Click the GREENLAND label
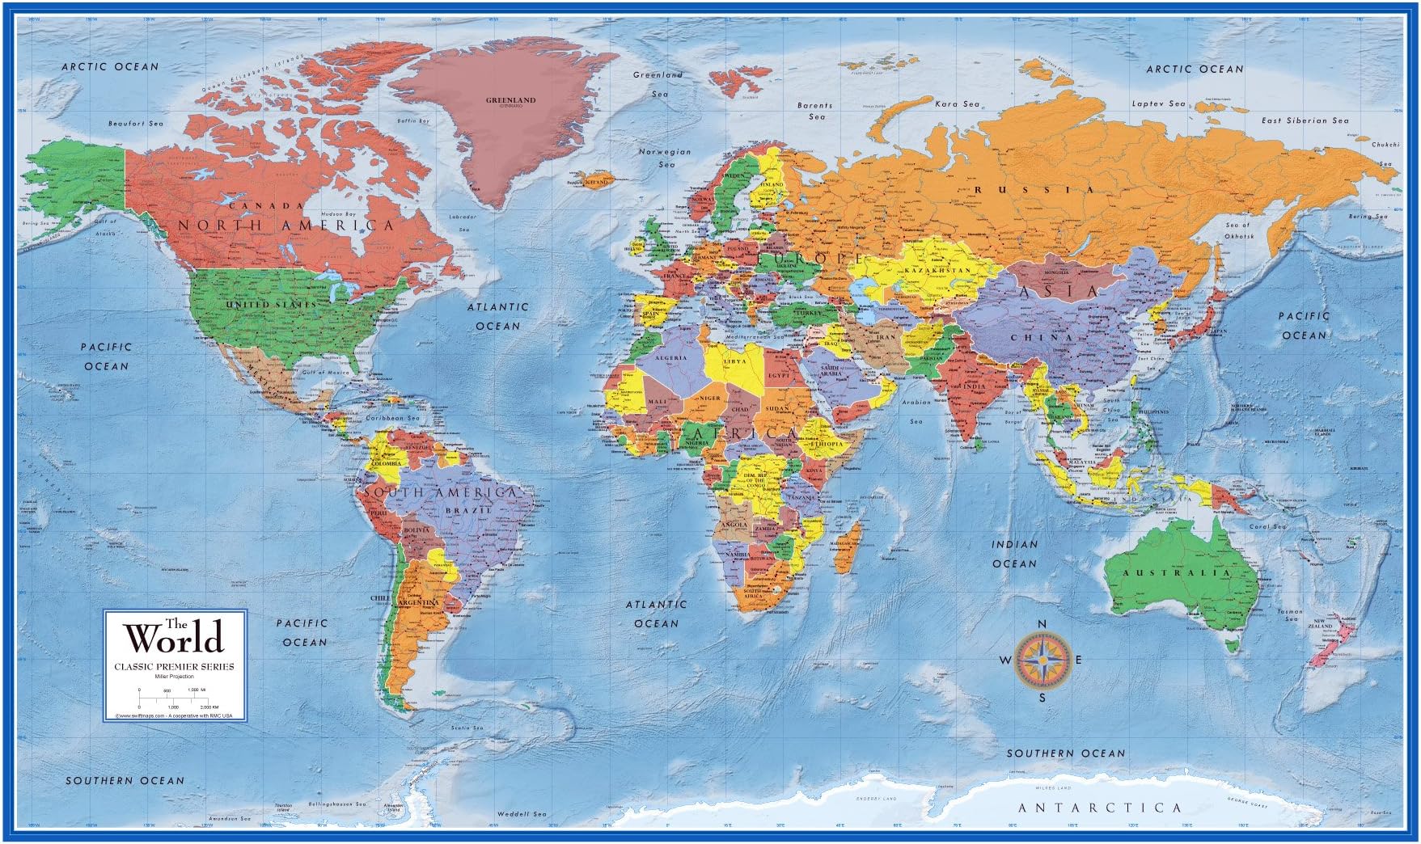(x=510, y=100)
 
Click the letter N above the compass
(x=1042, y=623)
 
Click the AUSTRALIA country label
(x=1175, y=572)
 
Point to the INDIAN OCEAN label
(x=1014, y=554)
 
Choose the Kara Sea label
(x=957, y=103)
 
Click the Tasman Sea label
(x=1290, y=617)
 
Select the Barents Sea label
(x=814, y=111)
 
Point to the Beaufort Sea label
(x=136, y=124)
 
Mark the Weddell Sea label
(x=522, y=813)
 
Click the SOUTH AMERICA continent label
(x=440, y=492)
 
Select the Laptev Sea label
(x=1158, y=103)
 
